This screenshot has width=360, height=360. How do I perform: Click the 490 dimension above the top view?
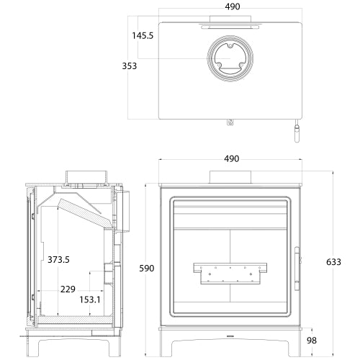pos(232,6)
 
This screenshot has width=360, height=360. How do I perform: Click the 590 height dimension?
pos(146,268)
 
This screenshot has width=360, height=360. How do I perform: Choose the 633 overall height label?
pos(333,261)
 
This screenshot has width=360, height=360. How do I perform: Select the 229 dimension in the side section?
pos(68,289)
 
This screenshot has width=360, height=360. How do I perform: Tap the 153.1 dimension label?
pos(90,300)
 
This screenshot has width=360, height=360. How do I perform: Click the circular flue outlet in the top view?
pos(231,59)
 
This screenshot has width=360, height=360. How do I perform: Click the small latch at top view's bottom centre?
pos(230,123)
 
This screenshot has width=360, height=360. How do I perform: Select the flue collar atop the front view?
pos(231,177)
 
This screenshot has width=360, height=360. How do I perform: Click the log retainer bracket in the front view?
pos(231,271)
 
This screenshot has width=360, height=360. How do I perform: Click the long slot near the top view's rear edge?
pos(231,24)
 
